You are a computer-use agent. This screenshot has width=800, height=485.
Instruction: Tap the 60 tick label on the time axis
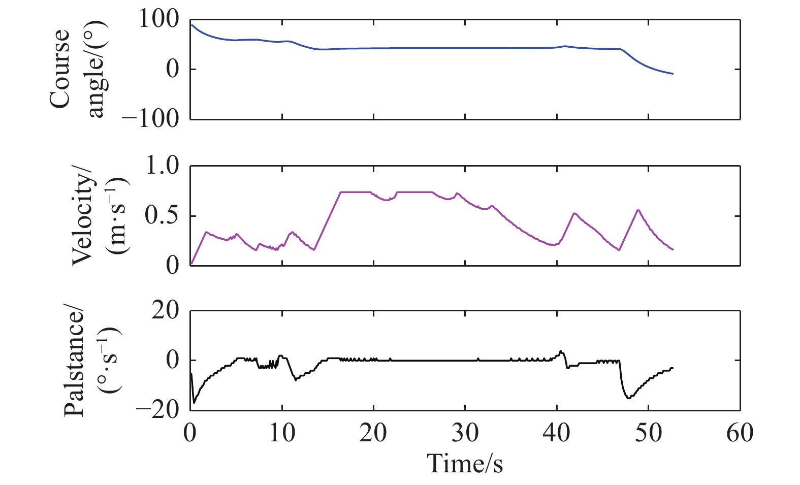tap(740, 434)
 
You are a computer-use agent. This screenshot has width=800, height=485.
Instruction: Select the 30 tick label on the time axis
tap(465, 434)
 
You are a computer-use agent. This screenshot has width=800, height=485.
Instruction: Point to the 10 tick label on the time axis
tap(281, 434)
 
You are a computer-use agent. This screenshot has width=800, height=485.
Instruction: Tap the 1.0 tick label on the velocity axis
tap(163, 167)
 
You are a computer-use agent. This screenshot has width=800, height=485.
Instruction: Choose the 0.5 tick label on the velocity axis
tap(163, 216)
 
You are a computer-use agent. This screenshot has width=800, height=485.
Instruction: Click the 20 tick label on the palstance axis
tap(166, 311)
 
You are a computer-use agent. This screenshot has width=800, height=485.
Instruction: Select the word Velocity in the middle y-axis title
tap(83, 219)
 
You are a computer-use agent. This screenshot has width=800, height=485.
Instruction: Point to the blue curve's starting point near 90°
tap(191, 24)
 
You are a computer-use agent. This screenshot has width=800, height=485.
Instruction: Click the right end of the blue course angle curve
tap(673, 74)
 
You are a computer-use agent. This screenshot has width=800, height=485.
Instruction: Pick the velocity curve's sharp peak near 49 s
tap(638, 210)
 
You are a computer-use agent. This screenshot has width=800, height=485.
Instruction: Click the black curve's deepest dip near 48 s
tap(629, 398)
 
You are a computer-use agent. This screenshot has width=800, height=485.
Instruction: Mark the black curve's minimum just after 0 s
tap(194, 403)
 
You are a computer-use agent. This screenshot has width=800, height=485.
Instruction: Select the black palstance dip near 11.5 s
tap(296, 380)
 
